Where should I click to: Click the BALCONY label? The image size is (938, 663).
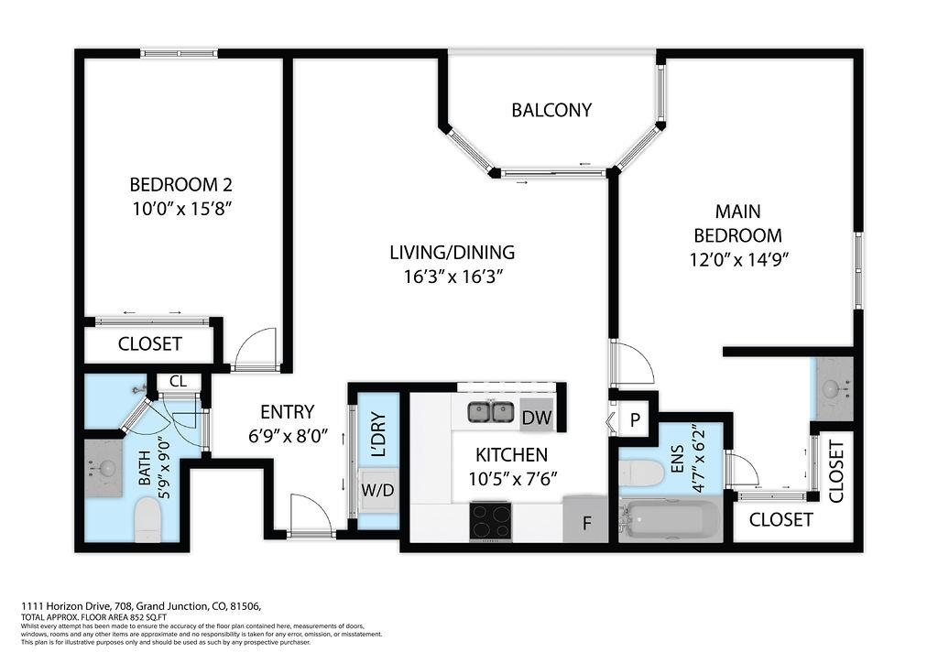(x=551, y=110)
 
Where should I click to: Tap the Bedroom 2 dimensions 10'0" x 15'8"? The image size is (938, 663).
(x=182, y=209)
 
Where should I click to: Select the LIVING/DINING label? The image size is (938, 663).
(x=453, y=252)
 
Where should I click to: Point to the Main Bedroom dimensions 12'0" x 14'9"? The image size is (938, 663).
(x=739, y=260)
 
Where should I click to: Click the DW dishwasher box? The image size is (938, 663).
(x=537, y=417)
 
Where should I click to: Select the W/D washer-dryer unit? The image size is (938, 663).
(x=378, y=490)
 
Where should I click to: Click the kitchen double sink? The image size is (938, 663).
(x=491, y=412)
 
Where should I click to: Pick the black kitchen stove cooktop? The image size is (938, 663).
(x=491, y=521)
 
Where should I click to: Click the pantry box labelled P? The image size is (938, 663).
(x=635, y=419)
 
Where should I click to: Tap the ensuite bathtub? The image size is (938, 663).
(x=670, y=519)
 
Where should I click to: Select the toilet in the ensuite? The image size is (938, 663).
(x=641, y=474)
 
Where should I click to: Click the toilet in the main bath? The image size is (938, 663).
(x=147, y=520)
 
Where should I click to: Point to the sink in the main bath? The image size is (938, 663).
(x=103, y=468)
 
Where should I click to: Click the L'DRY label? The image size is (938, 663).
(x=378, y=434)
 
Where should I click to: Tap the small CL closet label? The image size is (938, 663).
(x=178, y=382)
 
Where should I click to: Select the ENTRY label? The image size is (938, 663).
(x=287, y=412)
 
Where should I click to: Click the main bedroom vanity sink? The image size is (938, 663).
(x=833, y=389)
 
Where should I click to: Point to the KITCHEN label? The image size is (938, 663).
(x=511, y=455)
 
